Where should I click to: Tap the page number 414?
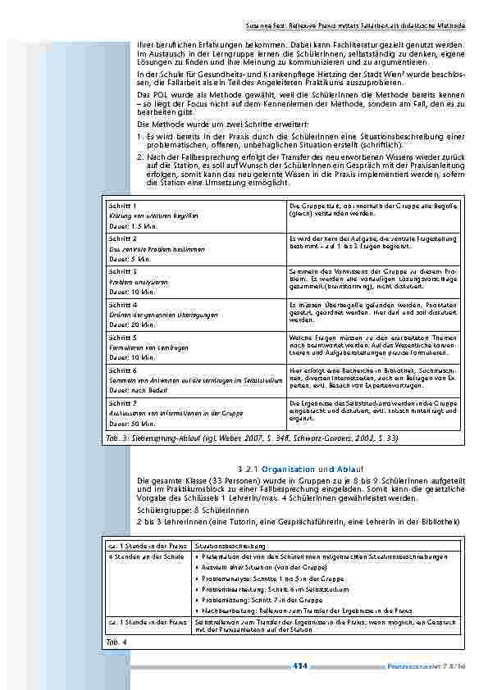[x=299, y=665]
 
